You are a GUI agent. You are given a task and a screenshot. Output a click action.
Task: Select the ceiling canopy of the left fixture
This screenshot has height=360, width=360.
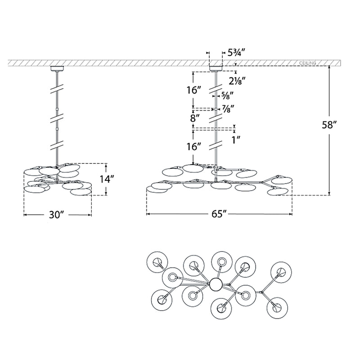[57, 69]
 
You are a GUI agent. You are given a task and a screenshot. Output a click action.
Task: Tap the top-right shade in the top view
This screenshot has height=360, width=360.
[282, 271]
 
